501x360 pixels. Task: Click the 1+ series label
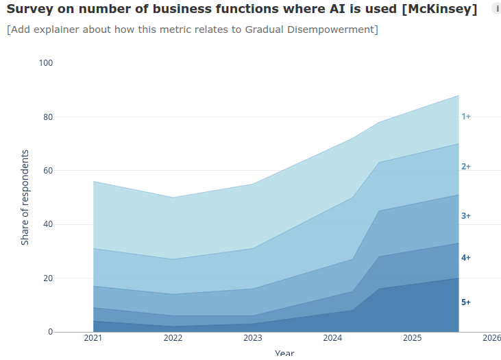pos(466,117)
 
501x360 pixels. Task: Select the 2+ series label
pos(466,167)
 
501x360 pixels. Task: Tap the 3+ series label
pos(466,216)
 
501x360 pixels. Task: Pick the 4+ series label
pos(466,258)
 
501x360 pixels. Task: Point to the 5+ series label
pos(466,302)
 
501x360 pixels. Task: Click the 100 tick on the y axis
pos(46,63)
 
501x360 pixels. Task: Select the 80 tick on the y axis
pos(48,117)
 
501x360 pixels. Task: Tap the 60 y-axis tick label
pos(48,171)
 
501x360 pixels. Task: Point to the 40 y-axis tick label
pos(48,224)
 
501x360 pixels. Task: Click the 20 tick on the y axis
pos(48,278)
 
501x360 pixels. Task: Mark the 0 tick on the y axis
pos(51,332)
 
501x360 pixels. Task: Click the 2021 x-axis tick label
pos(93,338)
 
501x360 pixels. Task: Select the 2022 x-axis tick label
pos(173,338)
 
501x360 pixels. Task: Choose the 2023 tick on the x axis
pos(253,338)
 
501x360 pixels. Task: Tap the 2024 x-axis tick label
pos(332,338)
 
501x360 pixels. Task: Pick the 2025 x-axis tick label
pos(412,338)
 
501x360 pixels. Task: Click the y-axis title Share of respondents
pos(25,197)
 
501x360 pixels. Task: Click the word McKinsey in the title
pos(439,9)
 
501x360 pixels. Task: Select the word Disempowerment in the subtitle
pos(331,29)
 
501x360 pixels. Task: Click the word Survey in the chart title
pos(29,9)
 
